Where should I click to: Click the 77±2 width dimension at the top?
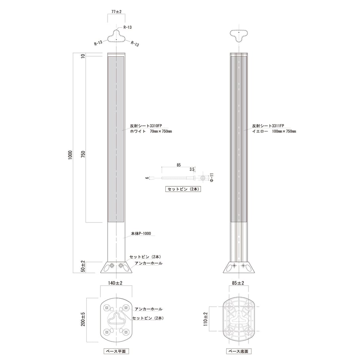[116, 11]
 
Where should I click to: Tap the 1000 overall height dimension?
[70, 155]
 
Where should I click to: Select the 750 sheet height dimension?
[83, 154]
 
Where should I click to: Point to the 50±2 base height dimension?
[83, 266]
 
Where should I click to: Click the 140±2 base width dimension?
[115, 283]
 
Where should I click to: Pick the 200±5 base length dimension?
[83, 319]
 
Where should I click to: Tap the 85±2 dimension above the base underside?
[238, 283]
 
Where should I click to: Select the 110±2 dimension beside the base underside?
[206, 319]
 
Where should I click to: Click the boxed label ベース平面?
[116, 351]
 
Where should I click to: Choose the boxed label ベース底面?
[239, 351]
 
